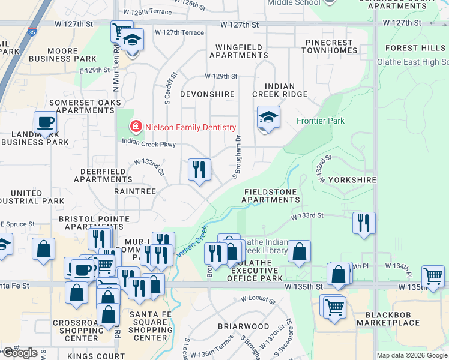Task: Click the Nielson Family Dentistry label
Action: (x=190, y=127)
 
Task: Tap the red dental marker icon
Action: (x=136, y=127)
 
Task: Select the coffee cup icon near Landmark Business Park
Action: (x=45, y=123)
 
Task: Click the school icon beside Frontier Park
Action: (x=268, y=117)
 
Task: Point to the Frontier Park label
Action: (x=321, y=121)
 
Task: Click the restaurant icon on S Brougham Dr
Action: (x=199, y=169)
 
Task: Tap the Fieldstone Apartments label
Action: (x=271, y=196)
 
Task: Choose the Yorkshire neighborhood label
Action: (x=352, y=179)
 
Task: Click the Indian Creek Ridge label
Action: (x=279, y=91)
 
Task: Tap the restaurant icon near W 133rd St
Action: (x=364, y=223)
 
